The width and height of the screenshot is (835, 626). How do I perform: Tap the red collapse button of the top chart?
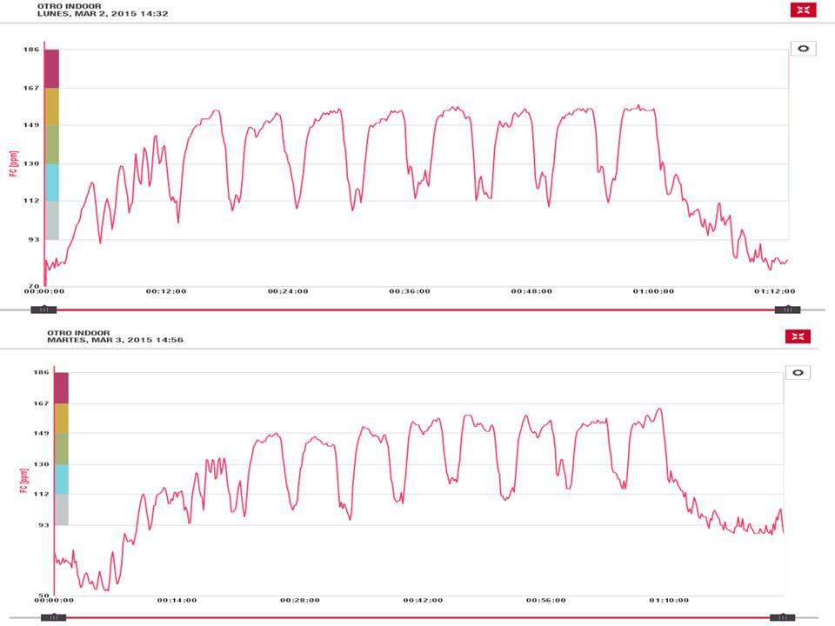point(803,10)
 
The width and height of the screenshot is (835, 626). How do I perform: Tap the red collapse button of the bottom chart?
point(798,336)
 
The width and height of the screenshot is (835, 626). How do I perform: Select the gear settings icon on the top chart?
point(803,49)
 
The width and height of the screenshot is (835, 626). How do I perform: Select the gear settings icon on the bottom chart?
point(798,372)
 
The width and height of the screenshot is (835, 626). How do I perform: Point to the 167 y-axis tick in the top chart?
point(31,88)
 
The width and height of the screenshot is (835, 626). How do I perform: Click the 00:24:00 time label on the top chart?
point(287,292)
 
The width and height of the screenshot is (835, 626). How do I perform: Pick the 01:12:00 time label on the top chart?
point(774,292)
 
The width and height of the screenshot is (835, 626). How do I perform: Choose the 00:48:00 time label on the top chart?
point(531,292)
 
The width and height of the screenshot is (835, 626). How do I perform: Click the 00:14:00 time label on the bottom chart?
point(177,600)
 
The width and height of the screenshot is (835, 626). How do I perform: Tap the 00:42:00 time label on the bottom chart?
point(423,600)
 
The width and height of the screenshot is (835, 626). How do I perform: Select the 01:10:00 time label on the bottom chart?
point(669,600)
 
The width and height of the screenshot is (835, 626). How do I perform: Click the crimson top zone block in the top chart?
point(51,69)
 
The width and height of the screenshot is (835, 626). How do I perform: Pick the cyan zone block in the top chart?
point(51,182)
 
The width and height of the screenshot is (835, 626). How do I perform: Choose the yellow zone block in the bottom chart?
point(61,417)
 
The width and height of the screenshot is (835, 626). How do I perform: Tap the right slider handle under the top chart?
point(787,310)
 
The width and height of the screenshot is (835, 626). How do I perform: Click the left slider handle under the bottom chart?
point(53,618)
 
